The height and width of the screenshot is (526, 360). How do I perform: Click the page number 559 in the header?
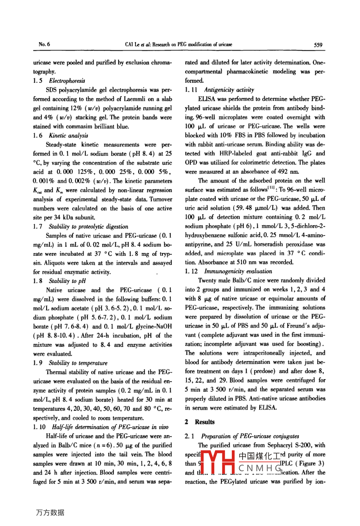click(318, 45)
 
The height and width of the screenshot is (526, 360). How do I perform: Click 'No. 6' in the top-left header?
click(44, 44)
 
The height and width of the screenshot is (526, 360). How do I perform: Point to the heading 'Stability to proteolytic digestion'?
click(88, 226)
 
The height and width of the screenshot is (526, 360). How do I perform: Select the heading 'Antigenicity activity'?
click(229, 90)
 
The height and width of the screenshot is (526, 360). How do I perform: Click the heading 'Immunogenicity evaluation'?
click(238, 271)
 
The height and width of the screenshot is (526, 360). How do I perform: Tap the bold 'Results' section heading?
click(204, 422)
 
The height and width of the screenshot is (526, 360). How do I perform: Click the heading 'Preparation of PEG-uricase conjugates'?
click(250, 436)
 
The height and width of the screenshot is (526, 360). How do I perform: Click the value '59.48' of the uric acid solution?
click(244, 208)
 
